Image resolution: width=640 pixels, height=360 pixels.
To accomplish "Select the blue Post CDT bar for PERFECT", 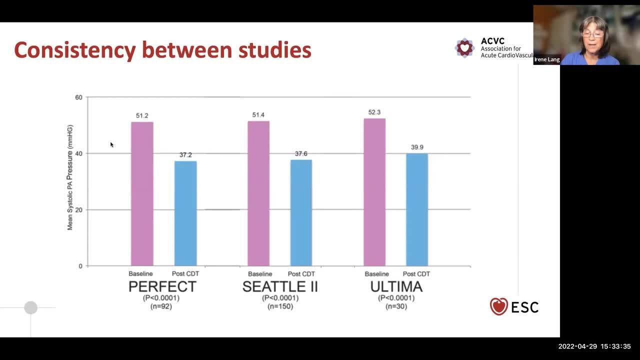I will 185,213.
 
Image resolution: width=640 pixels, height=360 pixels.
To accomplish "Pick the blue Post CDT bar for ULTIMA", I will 417,209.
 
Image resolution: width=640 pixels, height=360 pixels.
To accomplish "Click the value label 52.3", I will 374,112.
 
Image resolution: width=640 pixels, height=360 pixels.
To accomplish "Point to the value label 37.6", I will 301,154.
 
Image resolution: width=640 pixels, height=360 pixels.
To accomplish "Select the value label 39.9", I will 417,147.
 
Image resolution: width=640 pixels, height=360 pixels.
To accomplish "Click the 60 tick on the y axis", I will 79,97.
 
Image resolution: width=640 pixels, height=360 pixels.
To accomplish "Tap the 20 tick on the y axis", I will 79,210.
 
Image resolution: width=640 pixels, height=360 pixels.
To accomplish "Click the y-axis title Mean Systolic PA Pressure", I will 70,177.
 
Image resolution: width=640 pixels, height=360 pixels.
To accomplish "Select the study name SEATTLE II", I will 280,286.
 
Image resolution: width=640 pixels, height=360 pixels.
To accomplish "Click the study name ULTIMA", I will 396,286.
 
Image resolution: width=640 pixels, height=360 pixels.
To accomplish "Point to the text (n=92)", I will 161,306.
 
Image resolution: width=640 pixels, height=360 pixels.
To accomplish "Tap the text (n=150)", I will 280,306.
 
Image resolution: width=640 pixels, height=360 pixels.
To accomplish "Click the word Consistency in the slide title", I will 74,50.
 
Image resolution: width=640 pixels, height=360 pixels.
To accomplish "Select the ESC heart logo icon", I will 498,306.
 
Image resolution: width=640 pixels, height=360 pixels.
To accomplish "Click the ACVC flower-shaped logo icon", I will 465,48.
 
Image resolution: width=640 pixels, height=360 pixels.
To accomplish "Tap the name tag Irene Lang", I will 547,59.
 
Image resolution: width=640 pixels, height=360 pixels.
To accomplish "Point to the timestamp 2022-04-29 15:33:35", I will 594,346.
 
